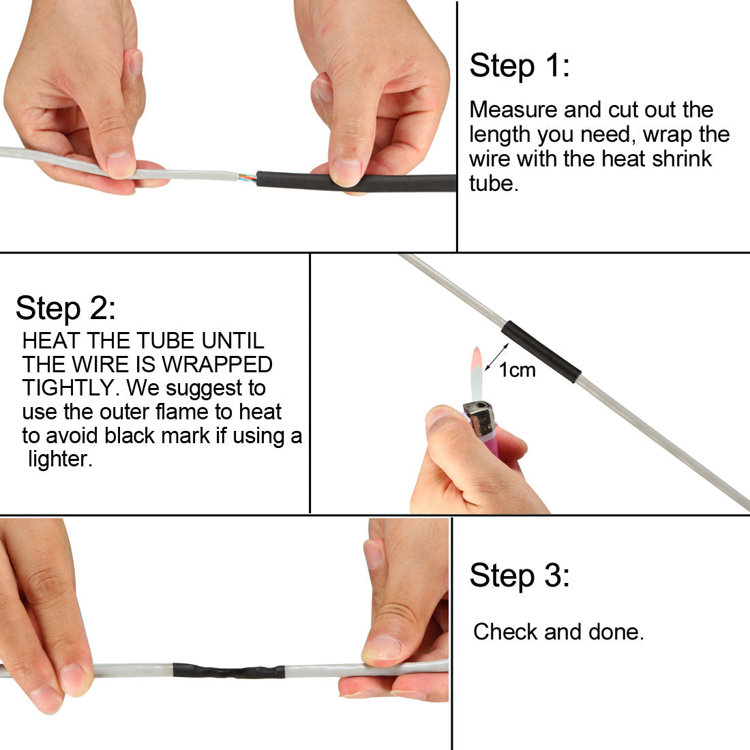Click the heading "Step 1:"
519,66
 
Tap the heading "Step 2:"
65,308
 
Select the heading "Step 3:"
519,575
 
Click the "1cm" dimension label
517,370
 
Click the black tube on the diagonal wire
541,351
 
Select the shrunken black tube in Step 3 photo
228,671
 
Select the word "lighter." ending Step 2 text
59,459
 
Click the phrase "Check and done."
558,632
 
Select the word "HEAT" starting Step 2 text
48,340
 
